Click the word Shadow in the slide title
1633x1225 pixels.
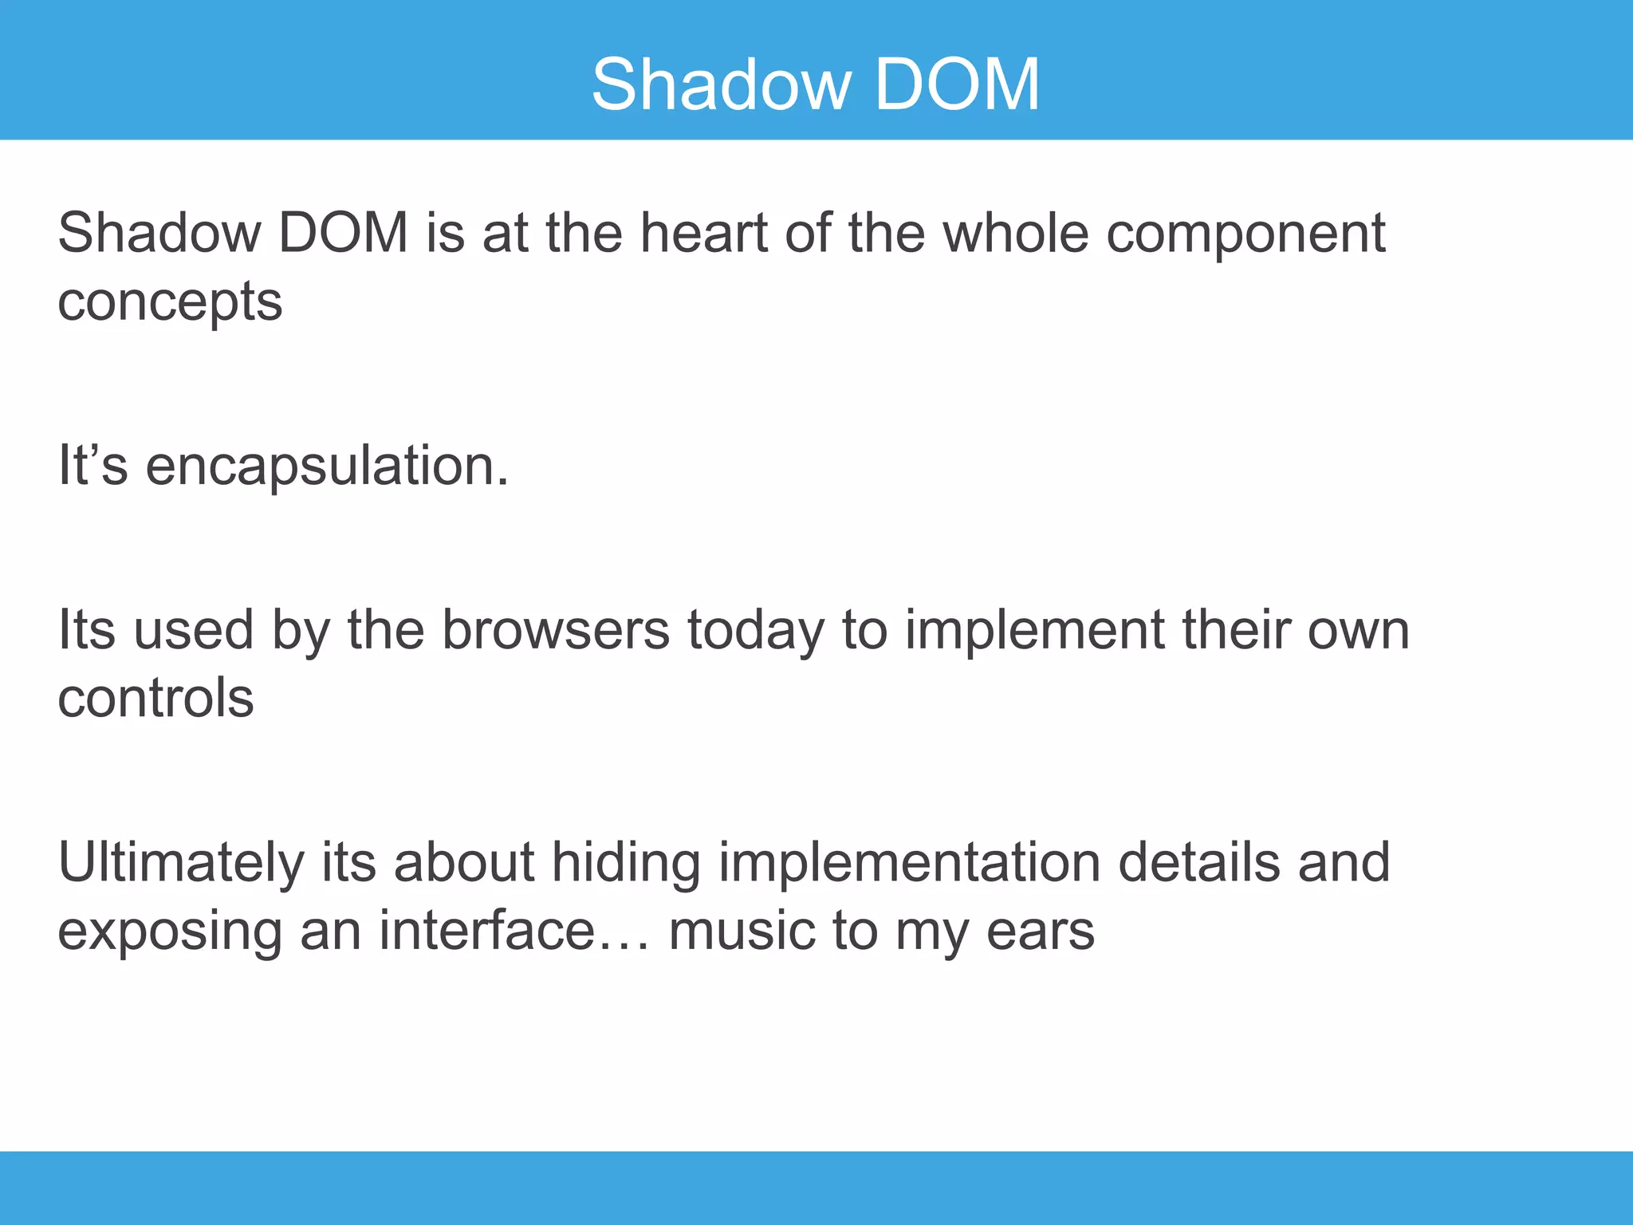click(721, 85)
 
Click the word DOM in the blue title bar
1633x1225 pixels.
click(957, 85)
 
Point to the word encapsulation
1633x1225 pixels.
click(327, 467)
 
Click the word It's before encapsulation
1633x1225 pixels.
click(92, 466)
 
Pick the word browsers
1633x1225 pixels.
click(556, 630)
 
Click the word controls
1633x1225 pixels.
click(155, 699)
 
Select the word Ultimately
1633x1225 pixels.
click(181, 865)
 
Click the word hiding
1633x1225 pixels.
click(626, 865)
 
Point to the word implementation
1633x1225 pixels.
click(908, 865)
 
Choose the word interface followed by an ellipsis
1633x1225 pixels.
click(486, 931)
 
